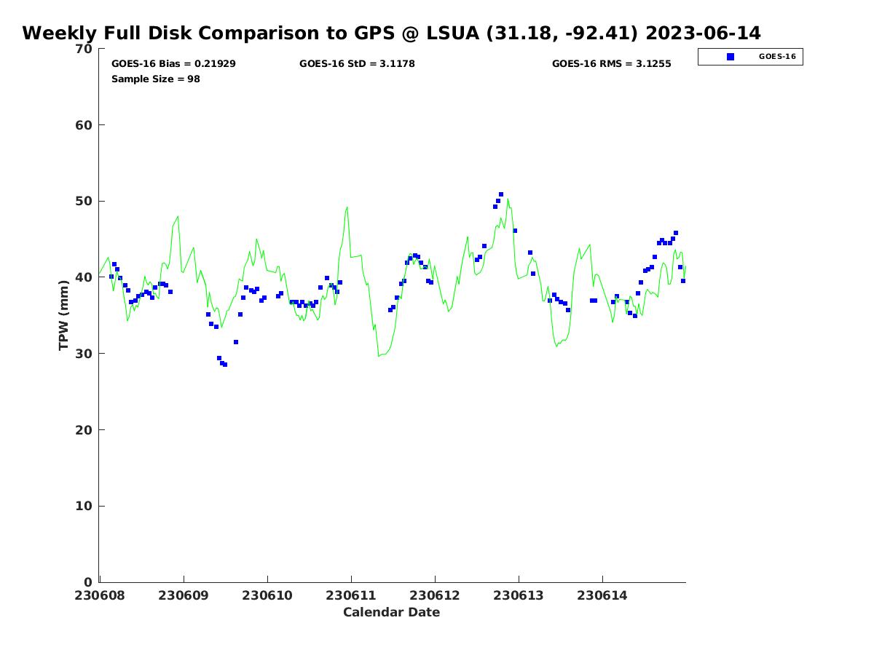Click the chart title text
(x=391, y=33)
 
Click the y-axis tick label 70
(x=84, y=49)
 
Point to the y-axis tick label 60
(x=84, y=125)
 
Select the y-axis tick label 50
(x=84, y=201)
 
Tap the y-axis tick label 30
(x=84, y=354)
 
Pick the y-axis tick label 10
(x=84, y=506)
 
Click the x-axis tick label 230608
(x=99, y=595)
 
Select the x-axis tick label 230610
(x=267, y=595)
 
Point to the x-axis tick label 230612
(x=435, y=595)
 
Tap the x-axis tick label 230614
(x=602, y=595)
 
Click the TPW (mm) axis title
(x=64, y=315)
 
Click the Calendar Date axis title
(x=392, y=612)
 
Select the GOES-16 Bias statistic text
(x=173, y=64)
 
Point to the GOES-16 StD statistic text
(x=357, y=64)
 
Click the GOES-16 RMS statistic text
(x=611, y=64)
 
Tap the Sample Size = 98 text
(x=155, y=79)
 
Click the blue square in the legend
(x=731, y=57)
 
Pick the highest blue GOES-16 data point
(x=501, y=194)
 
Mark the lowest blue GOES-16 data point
(x=224, y=365)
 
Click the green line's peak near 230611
(x=347, y=207)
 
